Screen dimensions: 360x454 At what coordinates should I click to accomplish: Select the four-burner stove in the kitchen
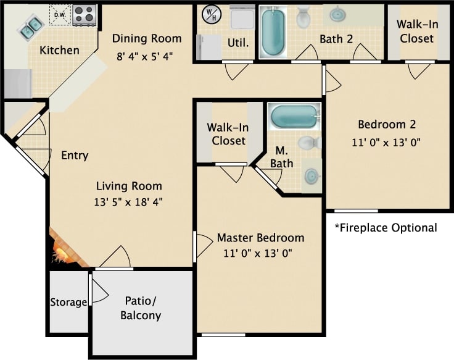point(85,15)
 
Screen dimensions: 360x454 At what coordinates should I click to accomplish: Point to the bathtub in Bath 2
point(273,31)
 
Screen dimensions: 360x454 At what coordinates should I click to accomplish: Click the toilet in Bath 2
point(303,17)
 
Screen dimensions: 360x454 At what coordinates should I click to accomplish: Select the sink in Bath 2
point(337,14)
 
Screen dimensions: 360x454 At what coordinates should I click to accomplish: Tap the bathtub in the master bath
point(294,115)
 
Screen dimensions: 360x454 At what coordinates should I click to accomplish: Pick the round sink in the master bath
point(312,177)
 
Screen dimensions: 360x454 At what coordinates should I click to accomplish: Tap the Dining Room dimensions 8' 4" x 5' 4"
point(147,56)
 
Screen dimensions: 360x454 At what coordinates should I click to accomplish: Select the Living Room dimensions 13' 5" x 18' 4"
point(130,201)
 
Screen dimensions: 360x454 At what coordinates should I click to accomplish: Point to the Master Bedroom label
point(260,238)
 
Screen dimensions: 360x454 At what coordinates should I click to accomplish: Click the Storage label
point(68,303)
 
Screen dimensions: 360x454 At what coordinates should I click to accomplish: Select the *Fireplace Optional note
point(386,228)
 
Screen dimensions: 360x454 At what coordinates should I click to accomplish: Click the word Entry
point(75,156)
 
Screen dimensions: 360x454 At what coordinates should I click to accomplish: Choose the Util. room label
point(239,43)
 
